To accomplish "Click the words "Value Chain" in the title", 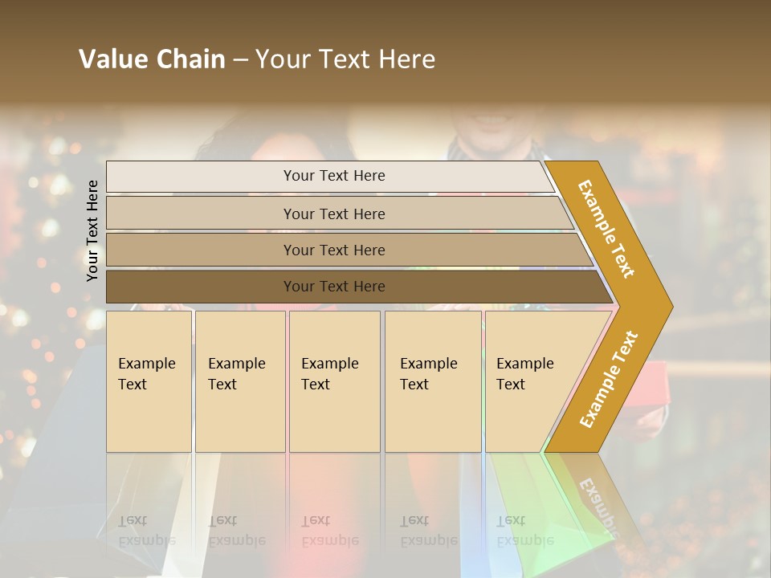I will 152,59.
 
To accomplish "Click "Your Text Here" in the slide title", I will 345,59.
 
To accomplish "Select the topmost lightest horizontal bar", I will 333,176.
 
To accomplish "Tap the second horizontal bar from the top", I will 334,214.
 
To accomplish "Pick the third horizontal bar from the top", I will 334,250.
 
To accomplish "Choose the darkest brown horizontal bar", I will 334,287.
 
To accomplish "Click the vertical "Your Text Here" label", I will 92,230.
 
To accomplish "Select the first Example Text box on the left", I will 149,381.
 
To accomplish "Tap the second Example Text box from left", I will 239,381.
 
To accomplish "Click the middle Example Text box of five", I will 333,381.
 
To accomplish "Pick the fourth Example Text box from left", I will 433,381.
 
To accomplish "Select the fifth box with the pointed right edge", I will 530,381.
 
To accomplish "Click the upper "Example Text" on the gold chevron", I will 607,229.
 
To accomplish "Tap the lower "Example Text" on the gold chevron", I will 609,380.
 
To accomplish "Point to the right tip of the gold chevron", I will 671,307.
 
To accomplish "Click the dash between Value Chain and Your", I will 240,60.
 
